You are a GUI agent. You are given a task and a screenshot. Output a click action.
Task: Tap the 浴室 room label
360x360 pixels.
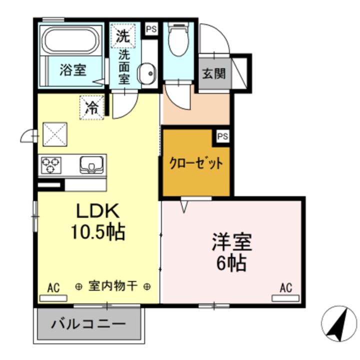click(x=72, y=70)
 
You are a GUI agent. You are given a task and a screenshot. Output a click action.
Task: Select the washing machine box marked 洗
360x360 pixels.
click(x=122, y=35)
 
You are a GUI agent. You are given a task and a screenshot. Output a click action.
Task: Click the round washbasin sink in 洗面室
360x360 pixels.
click(x=147, y=74)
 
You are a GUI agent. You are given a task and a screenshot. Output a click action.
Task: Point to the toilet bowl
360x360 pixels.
click(x=177, y=42)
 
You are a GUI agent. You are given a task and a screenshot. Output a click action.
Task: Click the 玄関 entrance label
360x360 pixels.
click(x=213, y=74)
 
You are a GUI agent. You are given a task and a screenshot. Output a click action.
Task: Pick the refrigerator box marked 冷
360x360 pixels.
click(x=92, y=107)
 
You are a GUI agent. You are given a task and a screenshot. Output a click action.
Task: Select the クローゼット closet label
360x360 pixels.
click(x=195, y=163)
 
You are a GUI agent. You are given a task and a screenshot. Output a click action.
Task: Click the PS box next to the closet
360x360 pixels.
click(x=222, y=136)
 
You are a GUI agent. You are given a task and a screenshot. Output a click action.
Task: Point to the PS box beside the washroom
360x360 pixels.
click(x=150, y=29)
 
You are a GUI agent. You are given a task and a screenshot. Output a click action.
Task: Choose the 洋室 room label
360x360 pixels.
click(x=231, y=242)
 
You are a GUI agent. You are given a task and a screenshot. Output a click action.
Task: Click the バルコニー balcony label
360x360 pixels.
click(x=88, y=323)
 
